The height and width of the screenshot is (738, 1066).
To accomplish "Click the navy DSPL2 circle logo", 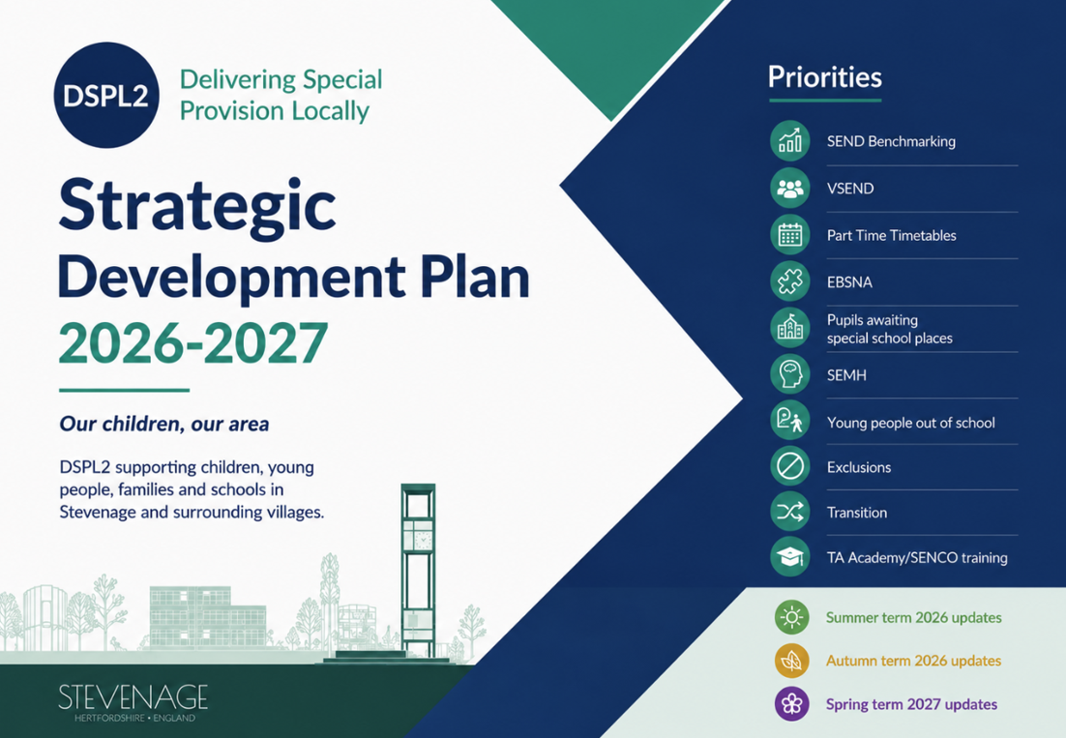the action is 106,95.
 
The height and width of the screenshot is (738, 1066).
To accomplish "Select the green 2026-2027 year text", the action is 193,343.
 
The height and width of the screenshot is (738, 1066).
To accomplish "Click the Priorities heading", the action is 825,77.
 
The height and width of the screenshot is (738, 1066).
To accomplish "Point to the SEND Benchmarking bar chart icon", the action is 790,140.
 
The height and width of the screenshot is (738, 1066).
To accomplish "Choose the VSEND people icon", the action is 790,188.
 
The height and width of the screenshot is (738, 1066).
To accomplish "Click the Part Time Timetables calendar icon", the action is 790,234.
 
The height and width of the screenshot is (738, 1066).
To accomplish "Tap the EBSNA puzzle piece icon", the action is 790,281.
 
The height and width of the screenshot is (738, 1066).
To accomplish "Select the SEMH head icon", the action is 790,374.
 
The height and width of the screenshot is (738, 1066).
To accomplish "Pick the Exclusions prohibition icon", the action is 790,466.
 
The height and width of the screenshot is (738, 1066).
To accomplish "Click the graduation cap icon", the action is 790,557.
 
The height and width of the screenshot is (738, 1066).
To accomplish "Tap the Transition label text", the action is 857,513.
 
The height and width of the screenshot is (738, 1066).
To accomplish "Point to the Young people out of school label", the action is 911,423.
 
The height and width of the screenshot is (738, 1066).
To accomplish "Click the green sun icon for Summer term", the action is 792,617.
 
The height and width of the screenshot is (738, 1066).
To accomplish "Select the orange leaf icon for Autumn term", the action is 792,661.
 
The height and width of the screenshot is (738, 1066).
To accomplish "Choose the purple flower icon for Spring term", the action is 792,703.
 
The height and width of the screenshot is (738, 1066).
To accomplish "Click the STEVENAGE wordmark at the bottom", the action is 133,698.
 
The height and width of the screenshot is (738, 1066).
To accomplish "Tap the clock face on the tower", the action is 422,541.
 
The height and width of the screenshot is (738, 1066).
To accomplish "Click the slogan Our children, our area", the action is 164,424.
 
